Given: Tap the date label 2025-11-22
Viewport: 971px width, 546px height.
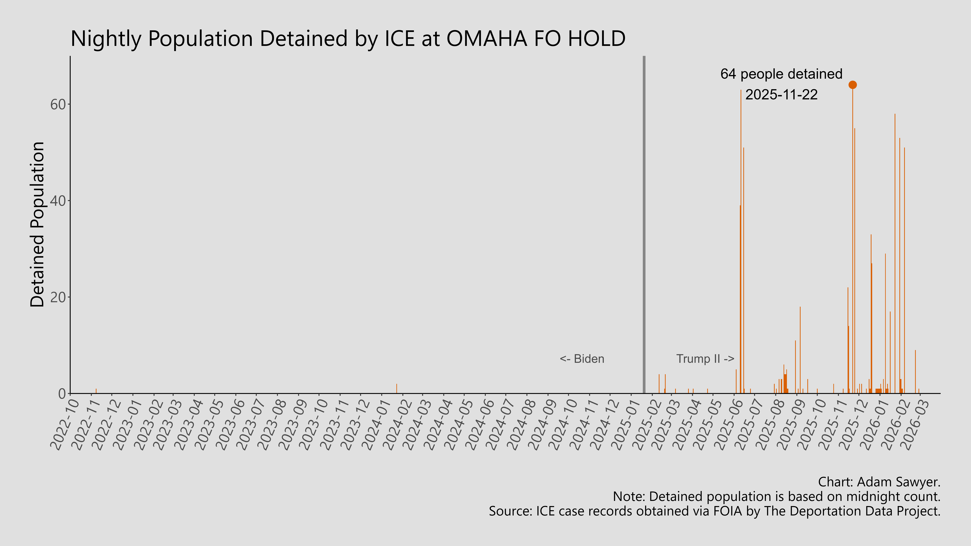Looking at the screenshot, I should (781, 95).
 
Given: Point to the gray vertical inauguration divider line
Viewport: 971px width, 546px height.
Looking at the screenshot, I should (644, 226).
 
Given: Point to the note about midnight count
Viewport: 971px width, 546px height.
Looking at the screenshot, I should (776, 497).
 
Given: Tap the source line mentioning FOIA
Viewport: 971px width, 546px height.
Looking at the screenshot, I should (714, 511).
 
